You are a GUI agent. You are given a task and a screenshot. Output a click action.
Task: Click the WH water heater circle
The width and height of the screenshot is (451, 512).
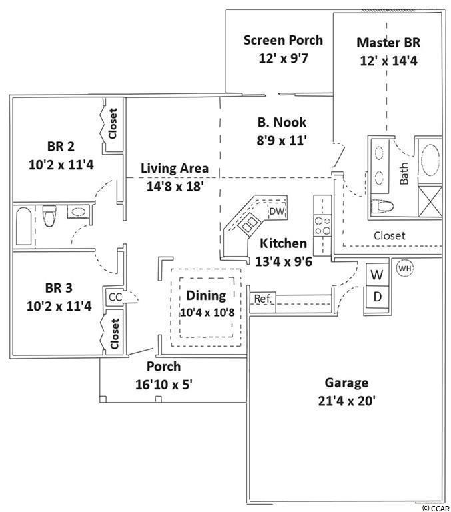pyautogui.click(x=404, y=269)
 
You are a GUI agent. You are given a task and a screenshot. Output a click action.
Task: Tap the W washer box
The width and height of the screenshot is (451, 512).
pyautogui.click(x=377, y=274)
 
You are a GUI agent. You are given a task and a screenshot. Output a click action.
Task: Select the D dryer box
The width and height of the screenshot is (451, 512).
pyautogui.click(x=377, y=297)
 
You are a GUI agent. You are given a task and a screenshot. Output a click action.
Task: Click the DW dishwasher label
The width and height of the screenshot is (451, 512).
pyautogui.click(x=277, y=211)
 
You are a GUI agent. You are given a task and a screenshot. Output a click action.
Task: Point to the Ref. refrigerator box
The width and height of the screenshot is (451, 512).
pyautogui.click(x=263, y=302)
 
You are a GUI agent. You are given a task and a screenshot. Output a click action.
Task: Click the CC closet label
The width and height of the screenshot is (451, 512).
pyautogui.click(x=115, y=297)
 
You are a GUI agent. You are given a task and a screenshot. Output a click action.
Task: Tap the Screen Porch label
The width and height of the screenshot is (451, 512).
pyautogui.click(x=283, y=40)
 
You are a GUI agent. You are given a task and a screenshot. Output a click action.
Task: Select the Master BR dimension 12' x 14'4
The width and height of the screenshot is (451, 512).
pyautogui.click(x=388, y=61)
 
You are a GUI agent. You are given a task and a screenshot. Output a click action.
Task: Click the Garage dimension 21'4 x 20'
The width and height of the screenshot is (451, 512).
pyautogui.click(x=346, y=401)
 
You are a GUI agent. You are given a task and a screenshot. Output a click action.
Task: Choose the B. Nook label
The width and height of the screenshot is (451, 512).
pyautogui.click(x=282, y=122)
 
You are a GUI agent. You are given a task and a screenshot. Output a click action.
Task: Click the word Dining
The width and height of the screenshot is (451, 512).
pyautogui.click(x=206, y=296)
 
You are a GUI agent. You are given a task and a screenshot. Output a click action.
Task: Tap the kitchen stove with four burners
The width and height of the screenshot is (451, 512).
pyautogui.click(x=322, y=226)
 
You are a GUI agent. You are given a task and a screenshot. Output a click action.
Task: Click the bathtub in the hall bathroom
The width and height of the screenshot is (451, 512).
pyautogui.click(x=23, y=226)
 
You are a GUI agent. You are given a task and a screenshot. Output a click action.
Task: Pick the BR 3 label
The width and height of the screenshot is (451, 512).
pyautogui.click(x=59, y=288)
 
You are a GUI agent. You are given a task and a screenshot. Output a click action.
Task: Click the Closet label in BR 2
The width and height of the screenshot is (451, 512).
pyautogui.click(x=113, y=123)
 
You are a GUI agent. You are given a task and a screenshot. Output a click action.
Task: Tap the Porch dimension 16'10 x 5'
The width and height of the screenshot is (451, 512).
pyautogui.click(x=163, y=385)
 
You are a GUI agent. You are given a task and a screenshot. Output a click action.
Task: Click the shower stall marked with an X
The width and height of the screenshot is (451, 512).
pyautogui.click(x=430, y=201)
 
